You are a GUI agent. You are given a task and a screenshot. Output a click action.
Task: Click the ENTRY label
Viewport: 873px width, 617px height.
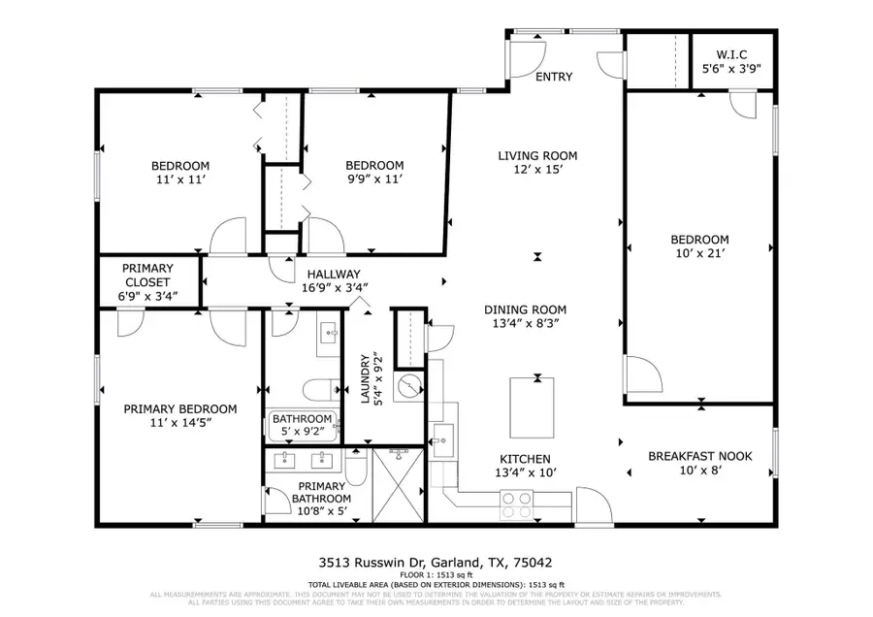click(554, 77)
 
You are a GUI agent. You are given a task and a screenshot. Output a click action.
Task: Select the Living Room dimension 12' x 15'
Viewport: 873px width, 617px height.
click(537, 170)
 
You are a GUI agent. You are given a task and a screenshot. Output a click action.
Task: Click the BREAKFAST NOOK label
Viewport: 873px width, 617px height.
click(690, 455)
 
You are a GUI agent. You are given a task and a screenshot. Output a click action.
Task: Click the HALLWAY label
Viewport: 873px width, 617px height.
click(334, 274)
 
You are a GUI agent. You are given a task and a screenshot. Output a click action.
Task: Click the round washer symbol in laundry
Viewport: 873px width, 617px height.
click(413, 387)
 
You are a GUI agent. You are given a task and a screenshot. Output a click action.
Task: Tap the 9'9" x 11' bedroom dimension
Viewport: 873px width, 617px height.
click(373, 179)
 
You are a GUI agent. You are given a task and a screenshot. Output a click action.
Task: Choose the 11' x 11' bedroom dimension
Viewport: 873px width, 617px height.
click(179, 180)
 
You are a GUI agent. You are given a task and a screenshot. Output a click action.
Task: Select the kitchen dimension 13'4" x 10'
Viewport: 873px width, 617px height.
click(525, 473)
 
